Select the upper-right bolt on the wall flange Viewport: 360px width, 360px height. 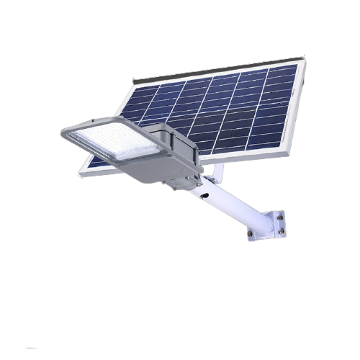pos(279,215)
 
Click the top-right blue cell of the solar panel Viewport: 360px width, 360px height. pos(286,71)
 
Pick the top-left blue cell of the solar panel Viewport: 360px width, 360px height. pos(145,91)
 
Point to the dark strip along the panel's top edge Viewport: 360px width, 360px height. pos(216,68)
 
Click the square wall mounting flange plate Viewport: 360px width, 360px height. pos(268,224)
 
